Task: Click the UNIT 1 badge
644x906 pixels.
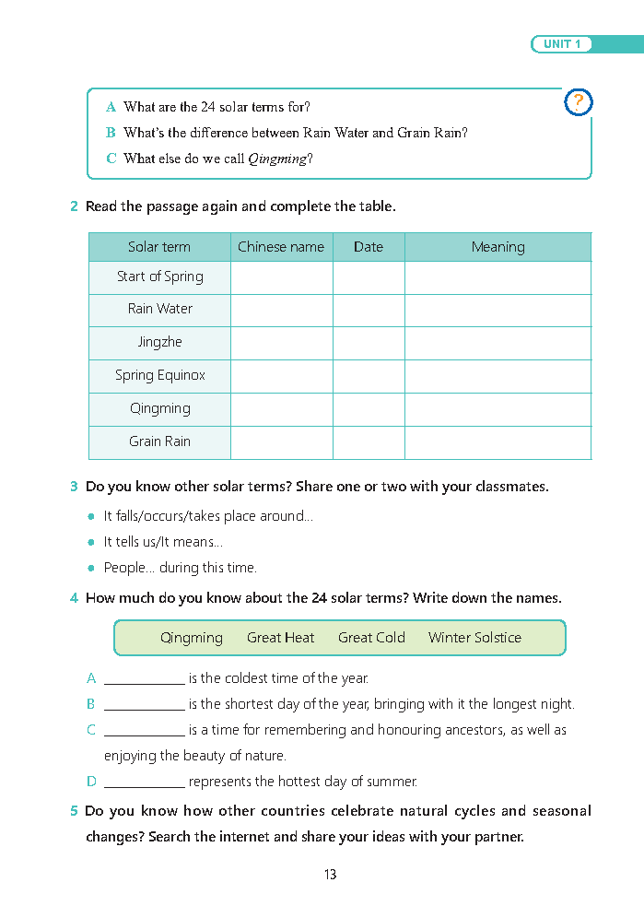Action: coord(561,44)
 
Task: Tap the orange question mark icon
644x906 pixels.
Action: coord(578,102)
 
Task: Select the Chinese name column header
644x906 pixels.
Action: coord(281,247)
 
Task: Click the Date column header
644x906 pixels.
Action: coord(369,247)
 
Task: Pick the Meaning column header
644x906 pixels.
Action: coord(498,247)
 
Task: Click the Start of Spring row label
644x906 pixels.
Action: coord(159,277)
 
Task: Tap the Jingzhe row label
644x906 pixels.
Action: coord(159,342)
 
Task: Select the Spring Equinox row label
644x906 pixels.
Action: coord(159,375)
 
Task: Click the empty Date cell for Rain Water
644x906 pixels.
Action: coord(369,310)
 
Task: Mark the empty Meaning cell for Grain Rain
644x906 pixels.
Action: coord(498,442)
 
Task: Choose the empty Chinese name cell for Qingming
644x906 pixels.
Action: coord(281,409)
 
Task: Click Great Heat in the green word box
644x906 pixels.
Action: coord(280,638)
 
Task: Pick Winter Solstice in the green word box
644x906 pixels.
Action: coord(474,638)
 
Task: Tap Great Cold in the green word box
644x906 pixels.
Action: coord(371,638)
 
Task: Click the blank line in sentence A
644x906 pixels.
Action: coord(145,682)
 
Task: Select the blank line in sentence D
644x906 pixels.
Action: coord(145,785)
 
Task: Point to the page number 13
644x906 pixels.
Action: coord(330,875)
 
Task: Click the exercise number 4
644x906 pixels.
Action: coord(74,598)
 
